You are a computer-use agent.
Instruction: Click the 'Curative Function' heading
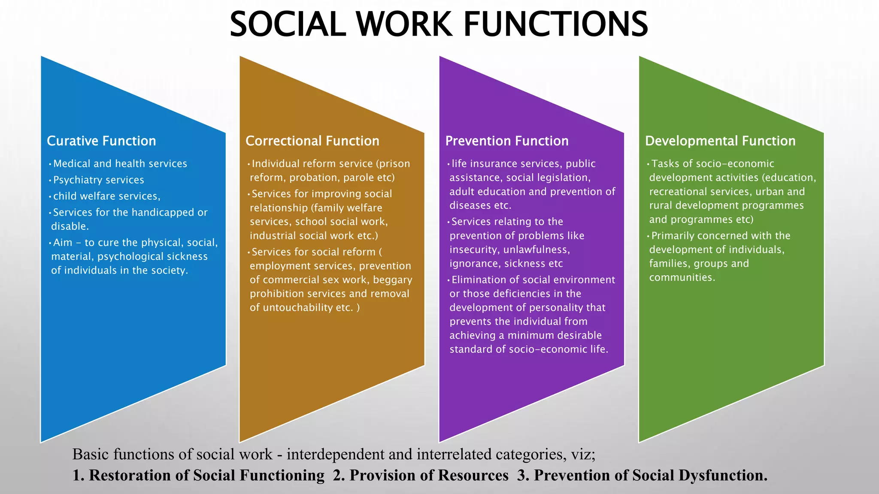101,141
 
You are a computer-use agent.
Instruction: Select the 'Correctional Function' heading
312,141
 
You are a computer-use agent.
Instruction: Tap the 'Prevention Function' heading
507,141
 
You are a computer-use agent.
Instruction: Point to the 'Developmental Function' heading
720,141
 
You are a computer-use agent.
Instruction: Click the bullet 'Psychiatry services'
99,180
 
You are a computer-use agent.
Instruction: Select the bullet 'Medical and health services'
120,163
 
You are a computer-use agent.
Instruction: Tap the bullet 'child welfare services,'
106,196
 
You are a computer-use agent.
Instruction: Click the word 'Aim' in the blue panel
63,242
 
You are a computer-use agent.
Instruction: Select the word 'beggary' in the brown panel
393,280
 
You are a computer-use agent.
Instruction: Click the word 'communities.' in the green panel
682,277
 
